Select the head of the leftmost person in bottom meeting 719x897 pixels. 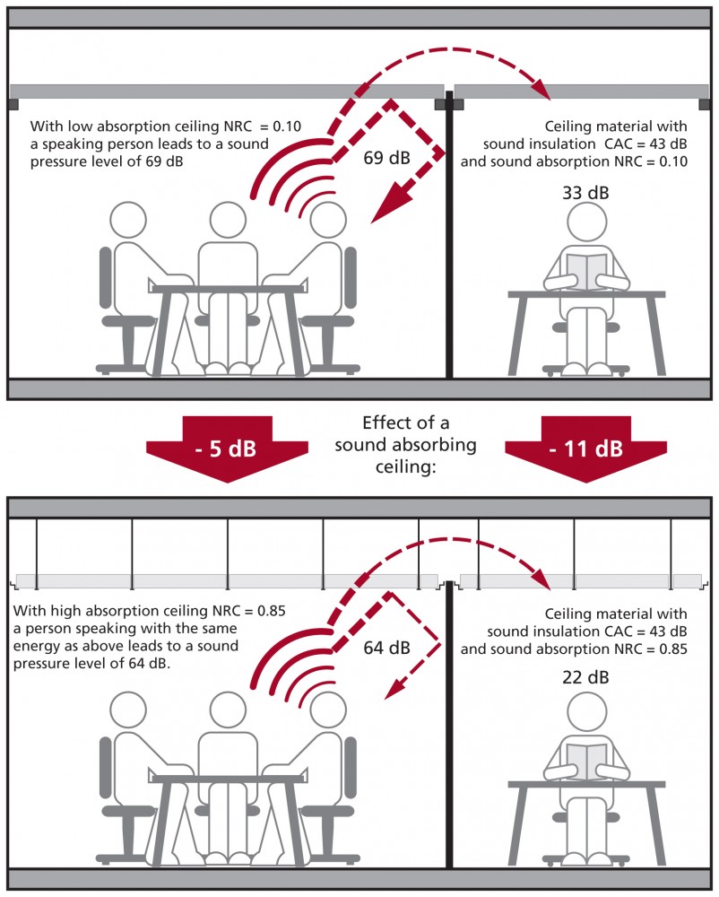[x=130, y=710]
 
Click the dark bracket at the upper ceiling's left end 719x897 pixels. [x=12, y=104]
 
